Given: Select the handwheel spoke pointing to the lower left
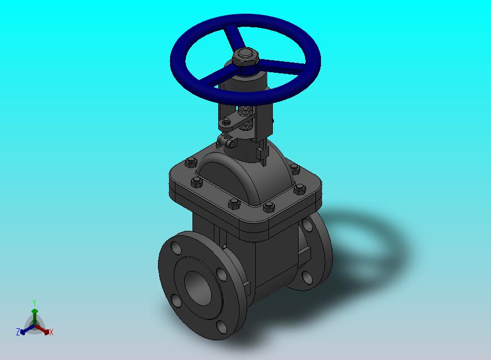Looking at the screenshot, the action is tap(215, 77).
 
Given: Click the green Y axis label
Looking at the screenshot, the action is tap(34, 303).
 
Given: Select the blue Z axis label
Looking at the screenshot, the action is tap(18, 332).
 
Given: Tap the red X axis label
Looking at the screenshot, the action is tap(51, 332).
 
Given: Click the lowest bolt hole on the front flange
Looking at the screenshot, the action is tap(221, 327).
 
